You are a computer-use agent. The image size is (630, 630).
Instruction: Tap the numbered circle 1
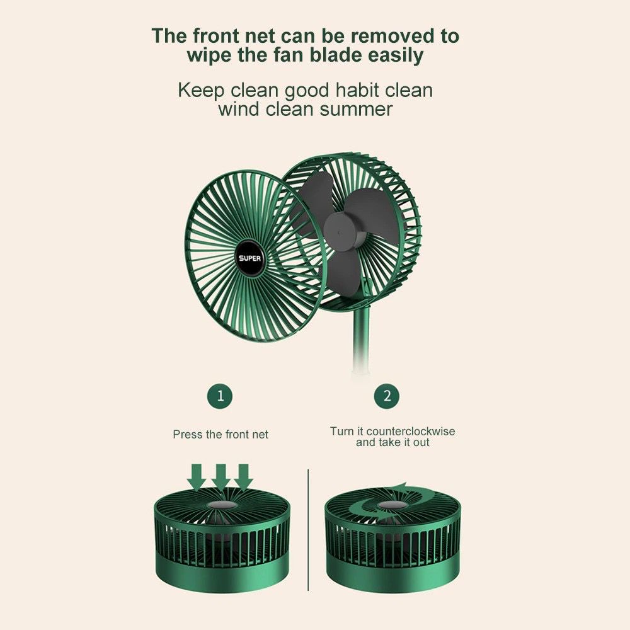(x=220, y=396)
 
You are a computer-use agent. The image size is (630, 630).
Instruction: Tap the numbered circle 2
(x=387, y=396)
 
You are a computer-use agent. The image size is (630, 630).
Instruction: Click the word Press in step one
(x=188, y=434)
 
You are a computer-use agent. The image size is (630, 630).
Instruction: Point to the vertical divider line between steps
(x=308, y=529)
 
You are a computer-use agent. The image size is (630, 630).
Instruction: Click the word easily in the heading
(x=396, y=55)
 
